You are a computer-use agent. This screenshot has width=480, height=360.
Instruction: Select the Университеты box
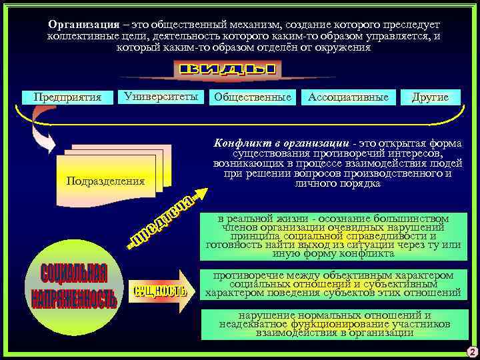coord(160,97)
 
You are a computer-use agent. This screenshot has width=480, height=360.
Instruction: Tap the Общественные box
coord(253,97)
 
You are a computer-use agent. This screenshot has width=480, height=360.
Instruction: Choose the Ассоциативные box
coord(347,97)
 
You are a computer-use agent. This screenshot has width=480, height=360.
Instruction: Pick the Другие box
coord(430,97)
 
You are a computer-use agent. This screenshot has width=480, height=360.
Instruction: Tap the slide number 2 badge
coord(471,352)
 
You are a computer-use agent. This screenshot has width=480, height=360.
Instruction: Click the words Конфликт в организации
coord(281,143)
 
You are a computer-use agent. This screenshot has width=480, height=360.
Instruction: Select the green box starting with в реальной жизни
coord(333,236)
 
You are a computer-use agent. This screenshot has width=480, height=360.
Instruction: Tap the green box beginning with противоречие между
coord(333,283)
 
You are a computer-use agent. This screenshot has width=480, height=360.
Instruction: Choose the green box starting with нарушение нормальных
coord(333,323)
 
